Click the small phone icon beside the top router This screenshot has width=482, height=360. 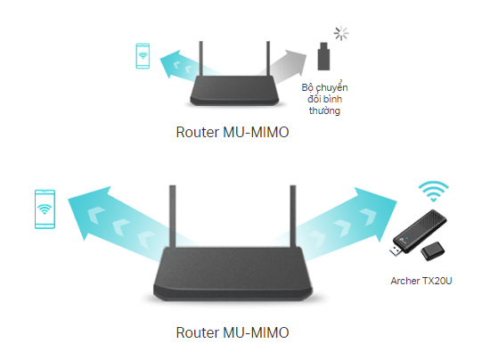143,55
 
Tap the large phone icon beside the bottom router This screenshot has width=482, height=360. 45,209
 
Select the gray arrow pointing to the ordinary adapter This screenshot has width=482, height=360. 284,65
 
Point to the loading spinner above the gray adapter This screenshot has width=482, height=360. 341,33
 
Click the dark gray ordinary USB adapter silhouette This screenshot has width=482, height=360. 323,56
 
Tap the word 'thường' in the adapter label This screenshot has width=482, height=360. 324,110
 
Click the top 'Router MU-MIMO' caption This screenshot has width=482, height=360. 233,132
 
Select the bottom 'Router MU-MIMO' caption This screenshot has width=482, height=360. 233,332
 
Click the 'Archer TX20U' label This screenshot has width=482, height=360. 421,281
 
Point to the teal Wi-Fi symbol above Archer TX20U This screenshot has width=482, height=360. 433,191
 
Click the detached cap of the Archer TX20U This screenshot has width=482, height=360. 432,251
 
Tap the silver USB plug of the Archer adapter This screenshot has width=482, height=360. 396,250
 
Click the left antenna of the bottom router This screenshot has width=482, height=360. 173,217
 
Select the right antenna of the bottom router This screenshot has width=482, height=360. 293,217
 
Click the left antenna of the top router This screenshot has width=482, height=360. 201,59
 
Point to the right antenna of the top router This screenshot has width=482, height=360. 268,59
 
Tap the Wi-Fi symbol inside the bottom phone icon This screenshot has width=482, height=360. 45,209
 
